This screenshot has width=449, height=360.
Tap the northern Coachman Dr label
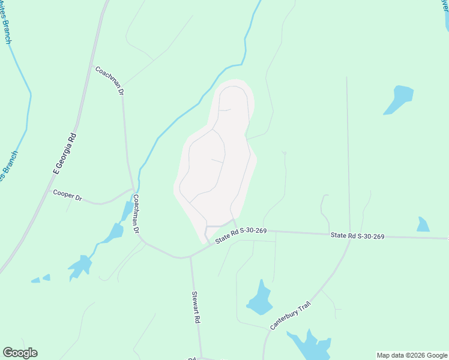pos(109,80)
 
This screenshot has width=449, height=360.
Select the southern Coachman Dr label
pos(136,214)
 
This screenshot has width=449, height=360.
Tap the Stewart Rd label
pos(196,308)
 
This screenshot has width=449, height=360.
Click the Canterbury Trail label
pos(292,316)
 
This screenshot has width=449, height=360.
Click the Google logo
pos(20,353)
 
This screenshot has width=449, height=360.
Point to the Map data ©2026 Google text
pos(412,355)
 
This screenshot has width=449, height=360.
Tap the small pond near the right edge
pos(423,225)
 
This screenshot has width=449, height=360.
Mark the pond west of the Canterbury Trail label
pos(260,299)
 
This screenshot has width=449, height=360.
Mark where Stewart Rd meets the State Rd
pos(191,257)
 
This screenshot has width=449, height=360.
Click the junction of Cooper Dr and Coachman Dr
pos(133,189)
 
